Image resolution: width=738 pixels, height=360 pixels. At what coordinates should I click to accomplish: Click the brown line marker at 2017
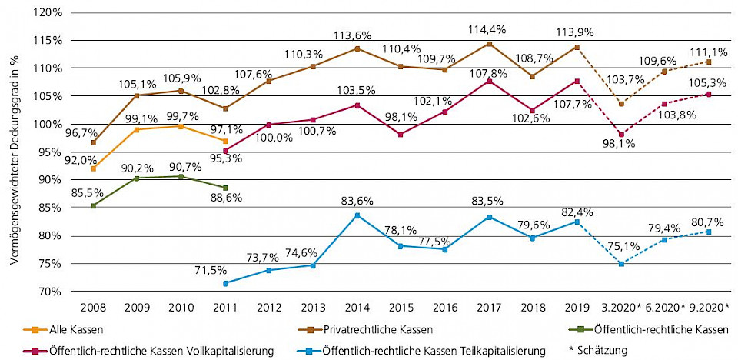pyautogui.click(x=489, y=44)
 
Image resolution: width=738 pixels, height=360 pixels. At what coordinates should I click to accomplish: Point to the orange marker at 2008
pyautogui.click(x=94, y=168)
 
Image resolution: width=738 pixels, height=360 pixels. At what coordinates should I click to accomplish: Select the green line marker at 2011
pyautogui.click(x=225, y=188)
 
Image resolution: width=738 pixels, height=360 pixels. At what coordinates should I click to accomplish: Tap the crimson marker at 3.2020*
pyautogui.click(x=620, y=134)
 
